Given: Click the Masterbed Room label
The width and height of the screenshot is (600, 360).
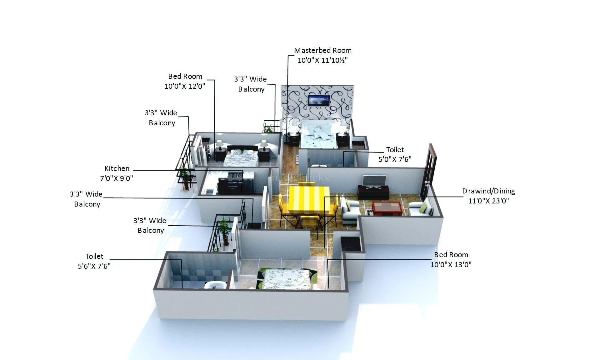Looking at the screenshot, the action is point(323,50).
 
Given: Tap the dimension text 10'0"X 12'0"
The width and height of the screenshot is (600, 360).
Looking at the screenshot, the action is point(185,86).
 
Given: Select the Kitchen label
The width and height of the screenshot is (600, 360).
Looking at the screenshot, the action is point(117,168).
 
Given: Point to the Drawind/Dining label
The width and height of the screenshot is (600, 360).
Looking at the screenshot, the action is point(488,191).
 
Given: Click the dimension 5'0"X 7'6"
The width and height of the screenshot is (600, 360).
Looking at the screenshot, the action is point(395,159).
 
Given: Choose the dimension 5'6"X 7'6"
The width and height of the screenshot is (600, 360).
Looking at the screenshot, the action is point(94,266).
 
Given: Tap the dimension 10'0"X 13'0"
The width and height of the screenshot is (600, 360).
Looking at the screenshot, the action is point(451,264).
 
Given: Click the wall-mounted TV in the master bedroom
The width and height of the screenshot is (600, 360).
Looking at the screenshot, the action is point(319,101).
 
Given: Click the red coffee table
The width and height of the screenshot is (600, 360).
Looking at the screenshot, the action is point(387,208).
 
